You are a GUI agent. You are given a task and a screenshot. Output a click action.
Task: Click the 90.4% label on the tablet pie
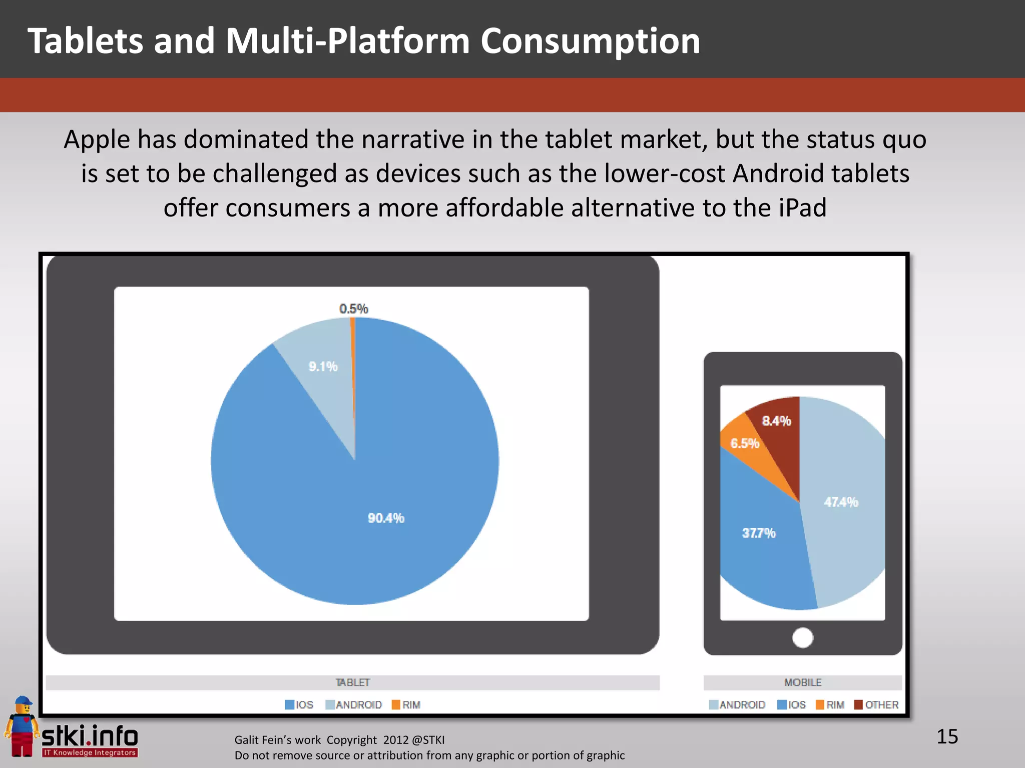(x=386, y=518)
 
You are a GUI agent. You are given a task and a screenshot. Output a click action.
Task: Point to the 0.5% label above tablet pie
(x=353, y=308)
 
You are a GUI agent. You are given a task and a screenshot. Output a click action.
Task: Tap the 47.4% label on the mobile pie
(x=841, y=502)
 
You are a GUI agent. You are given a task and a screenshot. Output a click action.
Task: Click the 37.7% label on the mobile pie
(x=759, y=533)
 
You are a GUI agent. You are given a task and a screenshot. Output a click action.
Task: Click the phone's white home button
(x=803, y=637)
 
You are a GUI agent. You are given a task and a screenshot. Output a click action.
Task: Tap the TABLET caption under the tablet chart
(x=352, y=682)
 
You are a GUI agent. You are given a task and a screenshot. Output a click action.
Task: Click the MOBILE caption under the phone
(x=803, y=682)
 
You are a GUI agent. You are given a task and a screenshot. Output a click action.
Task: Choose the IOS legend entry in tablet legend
(x=299, y=704)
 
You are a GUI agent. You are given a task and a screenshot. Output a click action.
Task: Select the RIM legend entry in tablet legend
(x=406, y=704)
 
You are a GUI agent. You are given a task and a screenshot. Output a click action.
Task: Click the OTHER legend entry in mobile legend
(x=876, y=704)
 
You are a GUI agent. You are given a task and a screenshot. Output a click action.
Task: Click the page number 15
(x=947, y=736)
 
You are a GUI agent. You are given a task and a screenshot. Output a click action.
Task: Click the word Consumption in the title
(x=590, y=41)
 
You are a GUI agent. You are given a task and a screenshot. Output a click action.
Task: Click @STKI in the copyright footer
(x=428, y=740)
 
